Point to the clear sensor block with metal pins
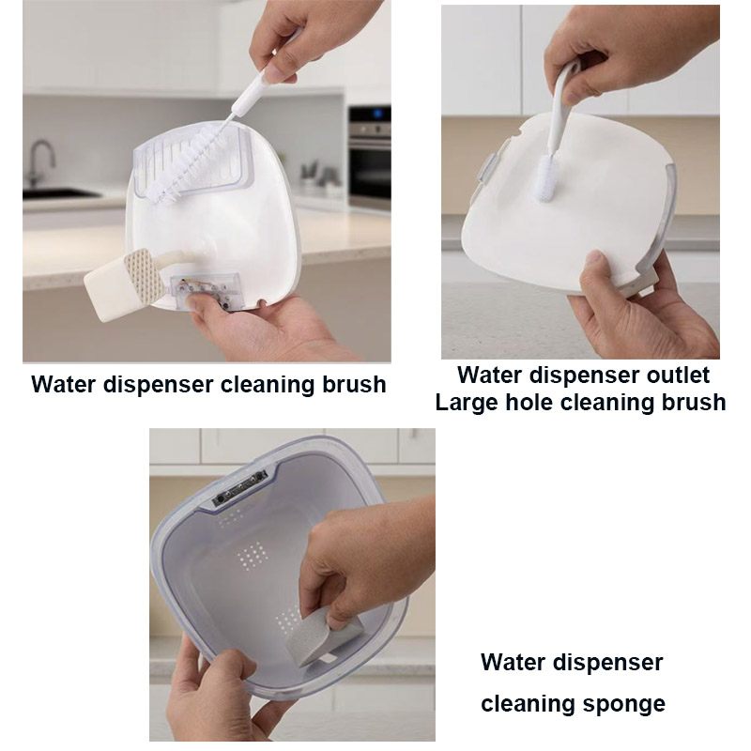click(206, 291)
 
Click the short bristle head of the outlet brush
click(547, 177)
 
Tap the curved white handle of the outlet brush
click(561, 110)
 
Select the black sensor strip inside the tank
click(239, 488)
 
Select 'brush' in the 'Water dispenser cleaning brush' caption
click(354, 385)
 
